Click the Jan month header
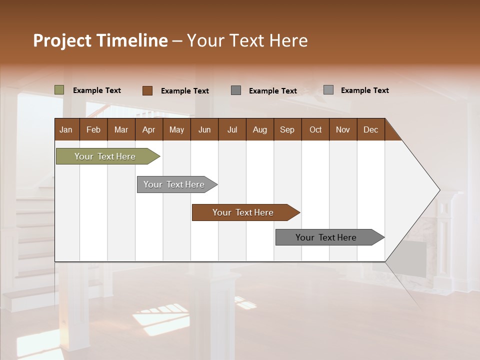coord(66,129)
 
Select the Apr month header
coord(148,129)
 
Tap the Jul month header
coord(232,129)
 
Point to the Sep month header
coord(287,129)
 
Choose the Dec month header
coord(370,129)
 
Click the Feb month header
coord(93,129)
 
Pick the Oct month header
coord(315,129)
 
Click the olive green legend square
coord(59,90)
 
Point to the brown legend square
coord(147,90)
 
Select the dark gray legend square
coord(236,90)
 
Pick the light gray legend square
coord(328,90)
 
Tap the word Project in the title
coord(61,40)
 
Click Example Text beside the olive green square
coord(97,90)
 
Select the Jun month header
coord(204,129)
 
